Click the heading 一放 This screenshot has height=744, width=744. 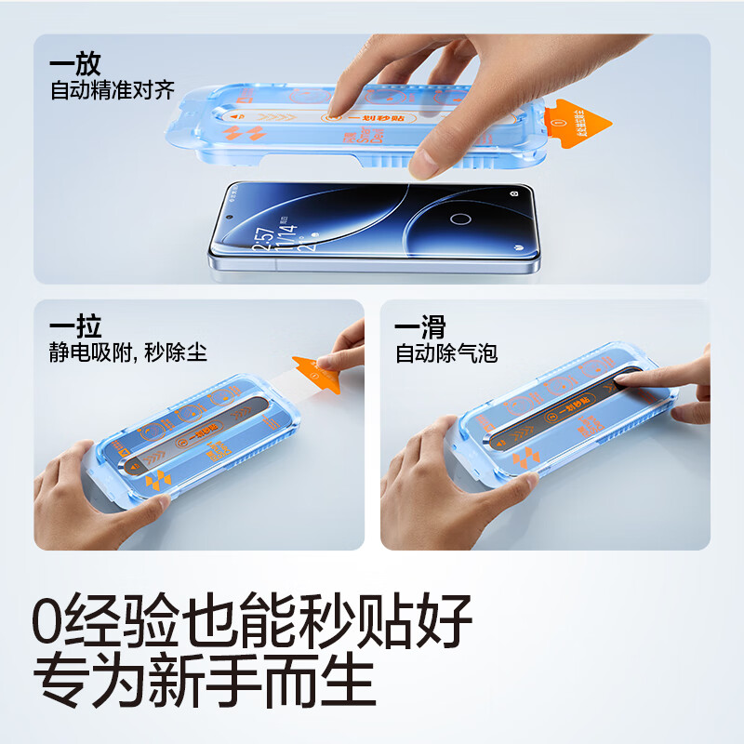[x=75, y=66]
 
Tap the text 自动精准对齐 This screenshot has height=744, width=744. [x=112, y=92]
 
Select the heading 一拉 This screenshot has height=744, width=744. [x=75, y=327]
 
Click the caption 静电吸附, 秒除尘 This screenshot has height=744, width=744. [x=128, y=353]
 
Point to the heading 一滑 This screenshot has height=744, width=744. [x=419, y=327]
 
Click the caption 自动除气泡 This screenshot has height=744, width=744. [x=445, y=353]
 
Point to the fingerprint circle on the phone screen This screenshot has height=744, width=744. [x=460, y=220]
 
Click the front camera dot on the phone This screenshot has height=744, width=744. [x=514, y=193]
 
